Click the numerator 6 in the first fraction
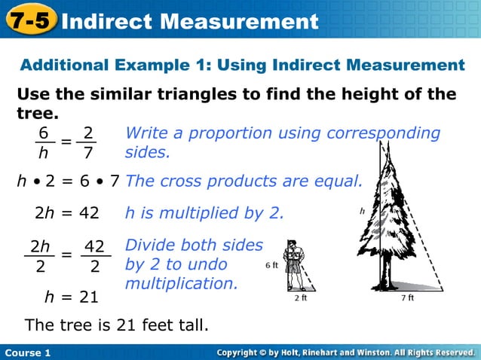pyautogui.click(x=44, y=133)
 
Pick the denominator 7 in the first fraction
pyautogui.click(x=88, y=154)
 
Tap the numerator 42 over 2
pyautogui.click(x=94, y=246)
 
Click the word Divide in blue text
pyautogui.click(x=149, y=246)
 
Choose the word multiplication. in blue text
pyautogui.click(x=181, y=284)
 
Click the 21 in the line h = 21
pyautogui.click(x=88, y=297)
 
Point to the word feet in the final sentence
pyautogui.click(x=146, y=325)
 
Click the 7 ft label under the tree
pyautogui.click(x=411, y=297)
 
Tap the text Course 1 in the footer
pyautogui.click(x=27, y=352)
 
